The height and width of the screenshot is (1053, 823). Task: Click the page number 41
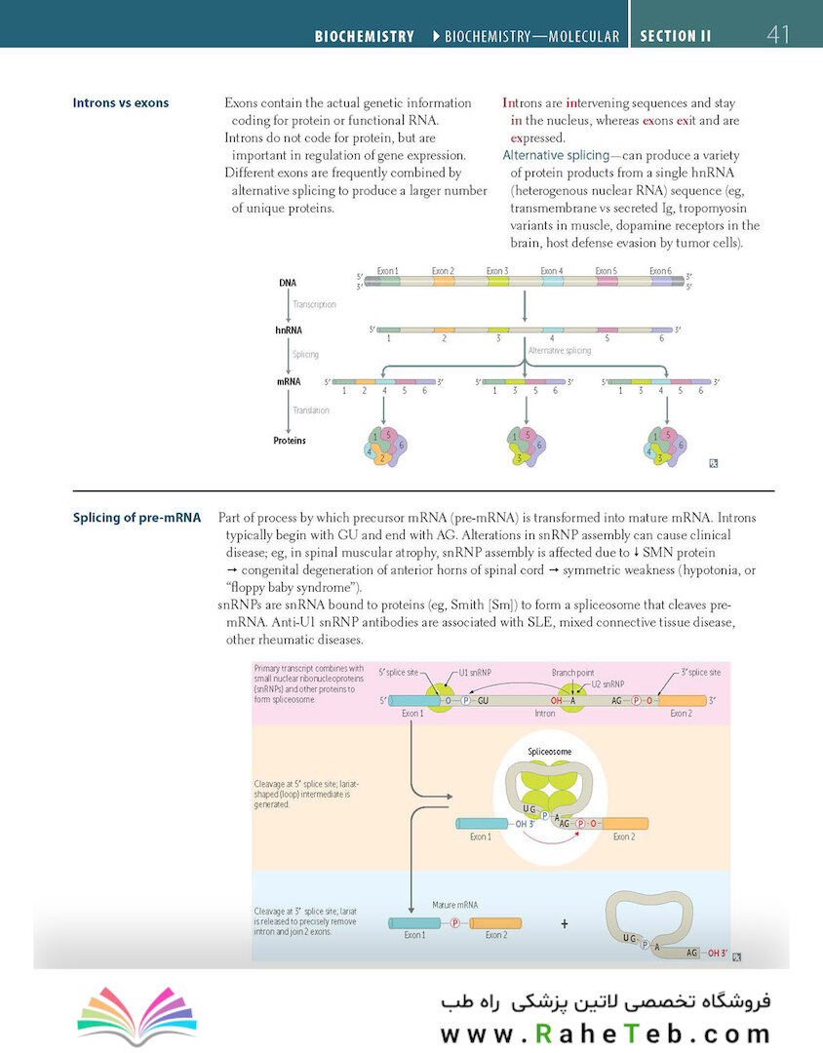point(778,34)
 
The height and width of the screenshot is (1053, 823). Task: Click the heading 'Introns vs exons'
point(121,102)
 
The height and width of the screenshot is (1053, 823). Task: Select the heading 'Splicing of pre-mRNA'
point(137,518)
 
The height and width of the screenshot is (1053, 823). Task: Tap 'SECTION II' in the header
point(675,36)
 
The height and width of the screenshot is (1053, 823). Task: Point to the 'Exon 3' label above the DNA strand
point(497,271)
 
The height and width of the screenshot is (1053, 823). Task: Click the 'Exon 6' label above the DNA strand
point(660,271)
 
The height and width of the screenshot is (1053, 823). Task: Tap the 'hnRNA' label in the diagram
point(289,331)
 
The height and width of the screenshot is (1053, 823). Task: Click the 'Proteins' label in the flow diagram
point(290,441)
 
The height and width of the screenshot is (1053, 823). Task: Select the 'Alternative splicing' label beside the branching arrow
point(560,351)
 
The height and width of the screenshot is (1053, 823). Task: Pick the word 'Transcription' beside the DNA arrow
point(314,304)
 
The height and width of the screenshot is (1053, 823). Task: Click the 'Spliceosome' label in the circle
point(550,752)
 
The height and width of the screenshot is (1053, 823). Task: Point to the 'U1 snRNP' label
point(475,672)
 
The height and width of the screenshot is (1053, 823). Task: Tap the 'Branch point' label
point(573,672)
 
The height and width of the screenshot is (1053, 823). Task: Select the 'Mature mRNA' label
point(454,905)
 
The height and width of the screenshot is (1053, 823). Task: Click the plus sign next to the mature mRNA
point(565,924)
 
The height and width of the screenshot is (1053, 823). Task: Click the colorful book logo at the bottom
point(137,1015)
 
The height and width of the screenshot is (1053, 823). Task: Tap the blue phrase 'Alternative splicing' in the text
point(556,155)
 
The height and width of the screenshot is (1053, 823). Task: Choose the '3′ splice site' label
point(701,672)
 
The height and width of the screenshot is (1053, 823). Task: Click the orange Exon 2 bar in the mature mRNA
point(495,923)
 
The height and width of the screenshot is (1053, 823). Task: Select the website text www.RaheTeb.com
point(606,1033)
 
